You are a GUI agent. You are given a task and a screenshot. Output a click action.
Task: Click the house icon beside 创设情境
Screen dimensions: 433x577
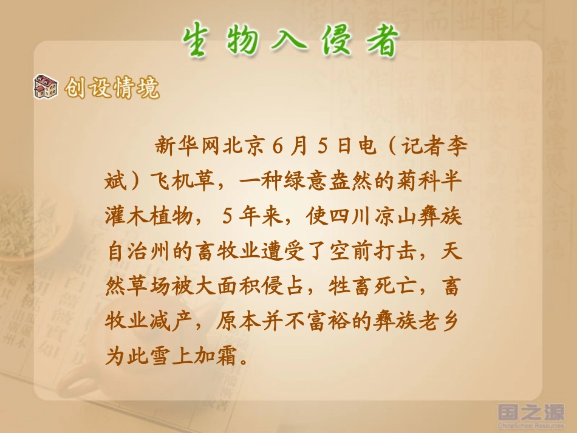pyautogui.click(x=46, y=87)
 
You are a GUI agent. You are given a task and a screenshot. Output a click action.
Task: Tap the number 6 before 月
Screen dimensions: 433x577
pyautogui.click(x=278, y=146)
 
